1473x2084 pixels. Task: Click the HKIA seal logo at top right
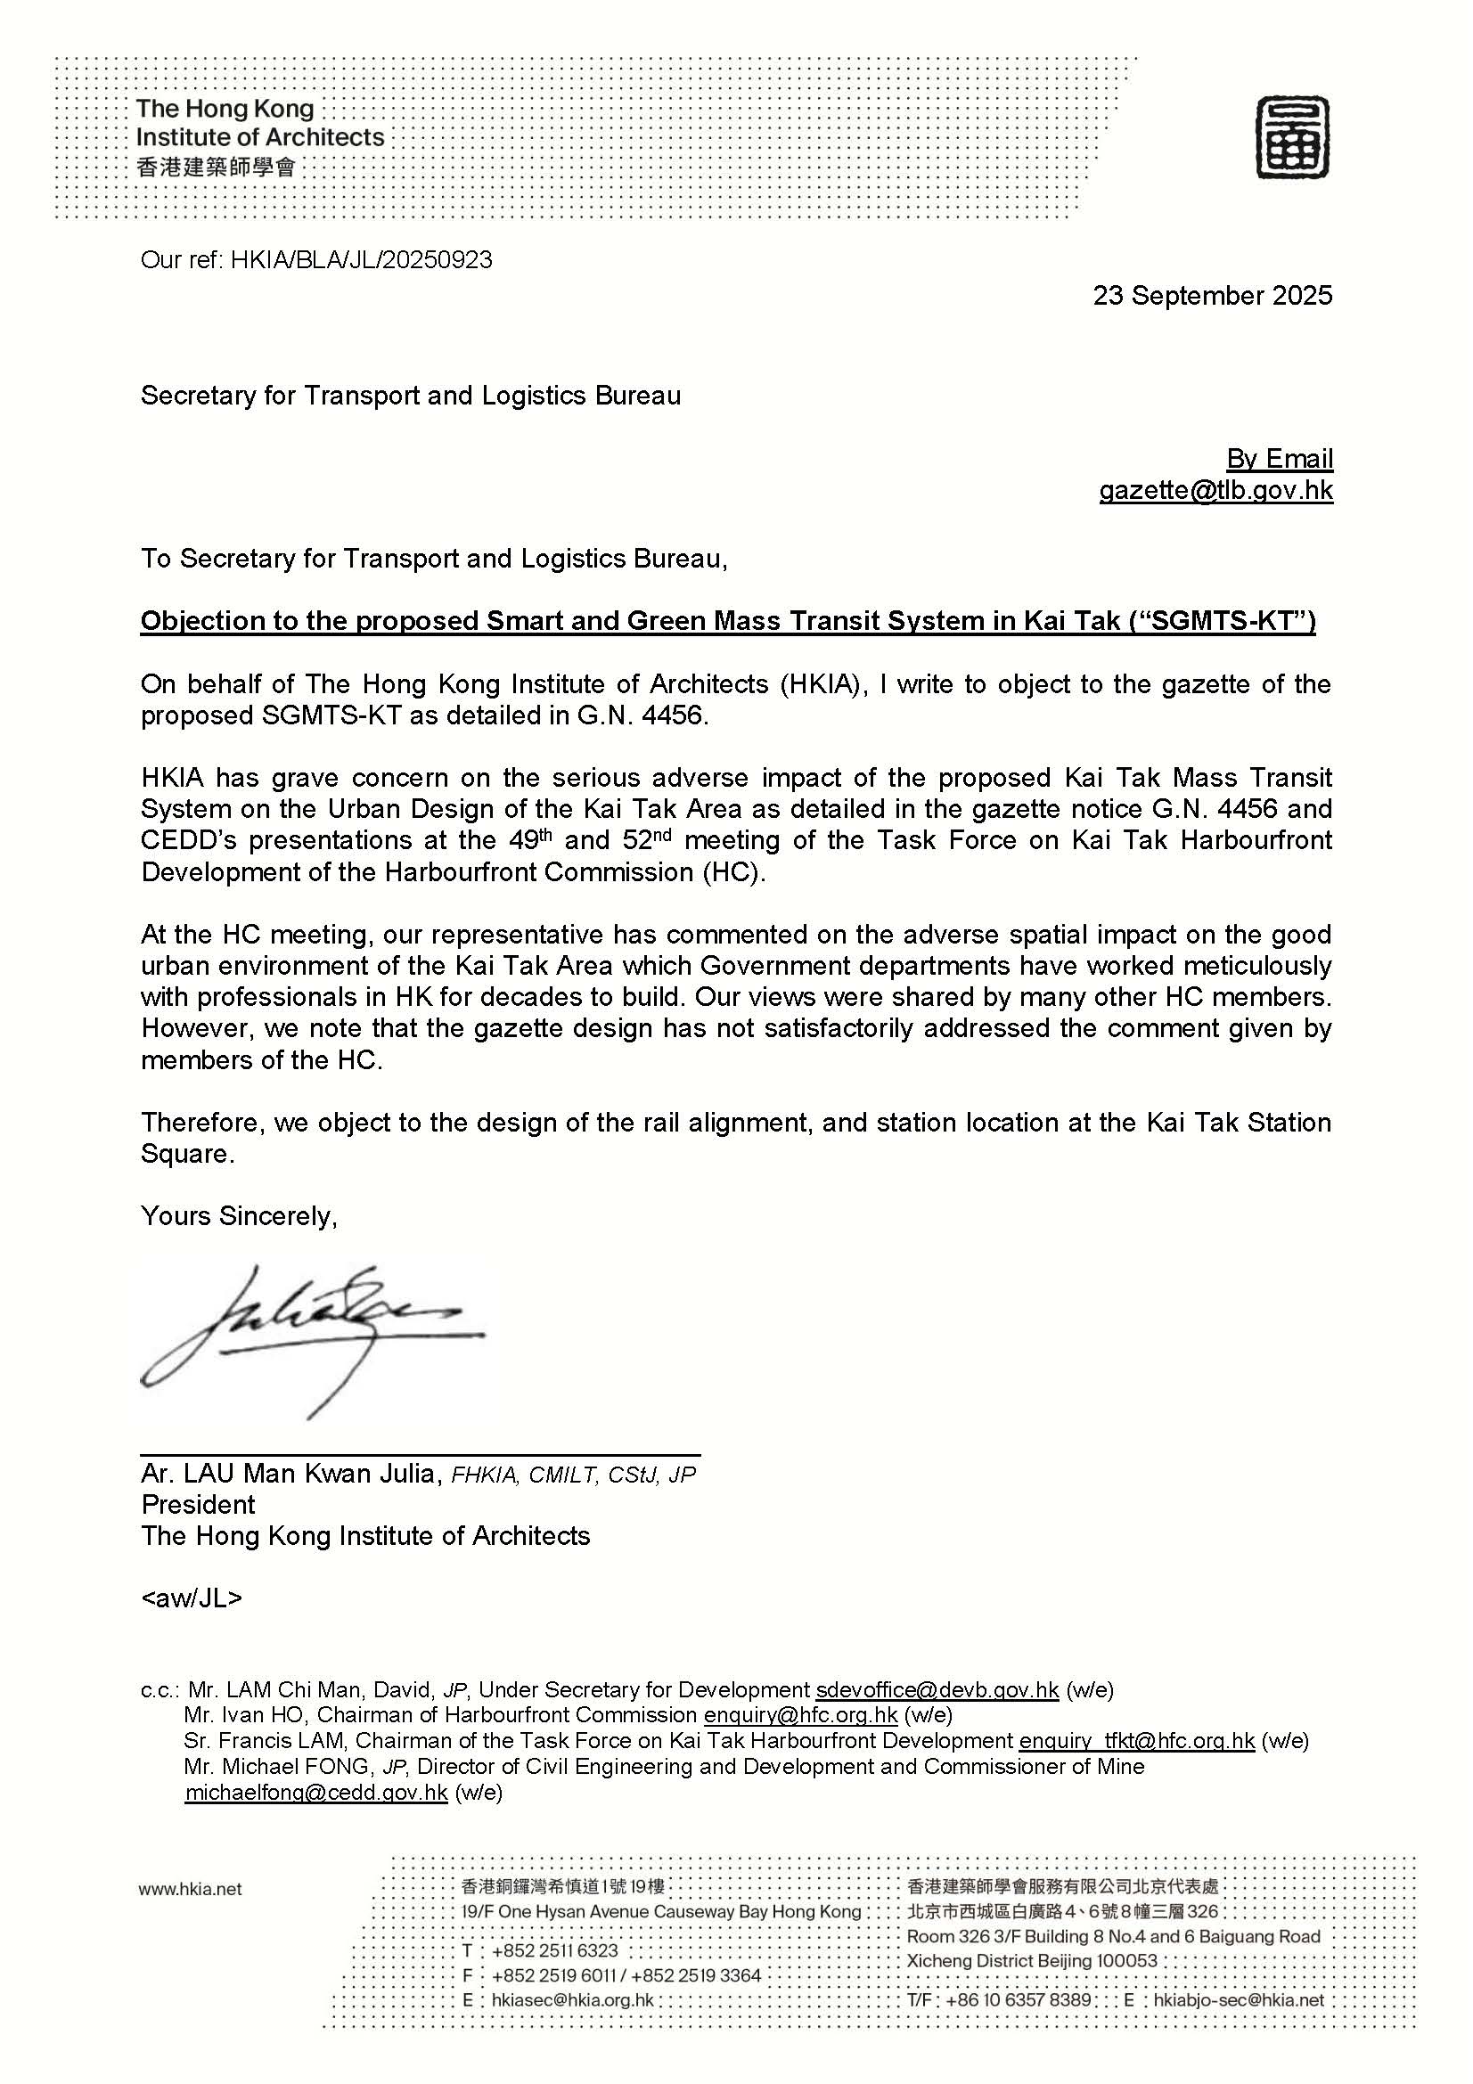(1292, 138)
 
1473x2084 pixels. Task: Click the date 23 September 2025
(1212, 296)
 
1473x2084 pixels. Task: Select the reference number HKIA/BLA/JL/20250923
(361, 260)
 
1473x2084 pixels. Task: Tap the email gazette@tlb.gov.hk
(1215, 491)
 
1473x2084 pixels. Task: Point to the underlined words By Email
(1279, 459)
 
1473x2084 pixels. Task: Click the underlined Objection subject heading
(727, 621)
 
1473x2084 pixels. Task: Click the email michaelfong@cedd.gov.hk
(315, 1793)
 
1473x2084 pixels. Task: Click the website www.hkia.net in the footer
(191, 1890)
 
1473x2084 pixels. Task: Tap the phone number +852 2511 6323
(554, 1951)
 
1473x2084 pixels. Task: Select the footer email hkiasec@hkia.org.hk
(572, 2000)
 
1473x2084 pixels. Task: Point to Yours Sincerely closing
(239, 1216)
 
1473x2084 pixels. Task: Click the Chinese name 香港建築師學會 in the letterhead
(215, 167)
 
